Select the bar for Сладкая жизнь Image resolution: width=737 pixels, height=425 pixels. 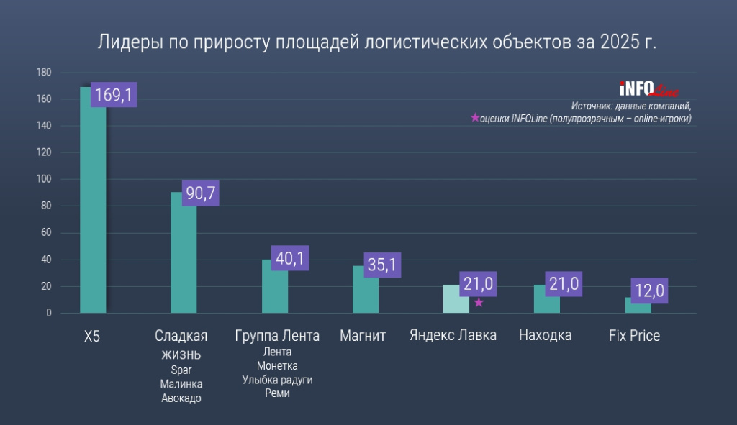click(184, 259)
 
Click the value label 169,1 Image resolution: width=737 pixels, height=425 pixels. click(114, 95)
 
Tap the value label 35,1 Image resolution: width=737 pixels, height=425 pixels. click(382, 265)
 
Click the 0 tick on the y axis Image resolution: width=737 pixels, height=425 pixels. click(49, 313)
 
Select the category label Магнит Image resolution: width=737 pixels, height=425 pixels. click(363, 336)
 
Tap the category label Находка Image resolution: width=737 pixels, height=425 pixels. click(545, 336)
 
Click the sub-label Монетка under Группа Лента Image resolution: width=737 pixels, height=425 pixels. click(277, 365)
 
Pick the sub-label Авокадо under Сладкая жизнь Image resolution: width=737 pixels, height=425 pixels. click(181, 398)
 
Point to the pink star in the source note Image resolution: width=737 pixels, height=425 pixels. click(474, 119)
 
